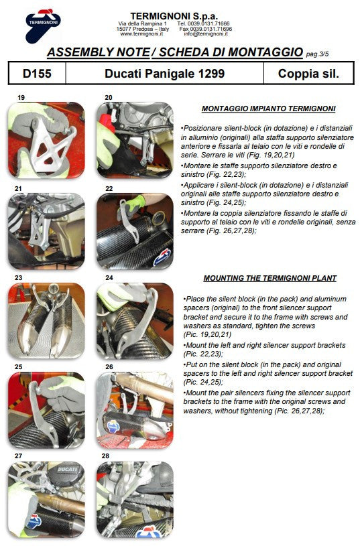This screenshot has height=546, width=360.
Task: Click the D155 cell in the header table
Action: (x=37, y=74)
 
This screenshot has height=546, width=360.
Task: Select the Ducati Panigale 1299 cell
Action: (x=164, y=74)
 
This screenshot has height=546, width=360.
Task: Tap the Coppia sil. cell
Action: (x=308, y=74)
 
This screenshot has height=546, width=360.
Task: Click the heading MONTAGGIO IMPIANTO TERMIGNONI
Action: (x=268, y=109)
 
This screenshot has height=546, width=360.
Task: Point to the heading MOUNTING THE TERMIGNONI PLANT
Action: (x=269, y=278)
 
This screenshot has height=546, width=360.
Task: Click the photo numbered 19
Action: (x=46, y=140)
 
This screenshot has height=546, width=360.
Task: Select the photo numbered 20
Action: (x=135, y=140)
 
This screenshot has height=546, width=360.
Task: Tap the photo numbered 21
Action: (x=46, y=231)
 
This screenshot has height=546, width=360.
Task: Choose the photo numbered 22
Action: (x=135, y=231)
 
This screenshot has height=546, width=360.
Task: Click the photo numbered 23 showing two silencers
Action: (x=46, y=321)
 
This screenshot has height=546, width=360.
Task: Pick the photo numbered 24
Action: (x=135, y=321)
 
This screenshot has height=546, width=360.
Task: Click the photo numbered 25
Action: (x=46, y=410)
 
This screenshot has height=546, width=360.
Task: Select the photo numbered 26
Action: (x=135, y=410)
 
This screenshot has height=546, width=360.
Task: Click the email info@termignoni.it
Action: (x=208, y=34)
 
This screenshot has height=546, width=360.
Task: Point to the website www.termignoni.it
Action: (x=137, y=34)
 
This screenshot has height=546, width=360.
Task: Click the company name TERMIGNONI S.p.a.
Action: (x=174, y=14)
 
